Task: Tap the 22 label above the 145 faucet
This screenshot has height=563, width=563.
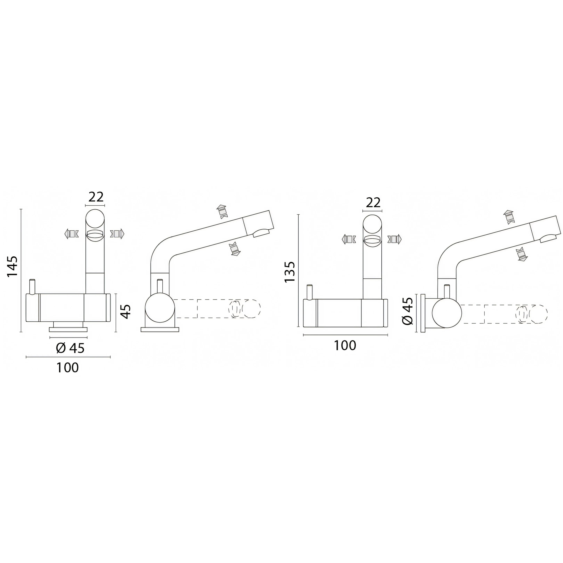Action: [x=96, y=197]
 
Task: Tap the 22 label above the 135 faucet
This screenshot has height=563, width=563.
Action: [x=373, y=203]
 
